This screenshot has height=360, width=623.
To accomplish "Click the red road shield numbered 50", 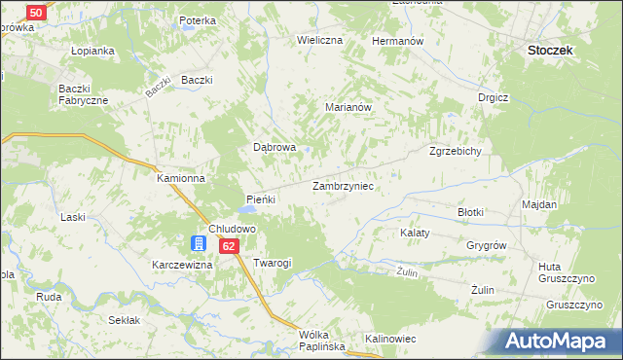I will (x=35, y=12).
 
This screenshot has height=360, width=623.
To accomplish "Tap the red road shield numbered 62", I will (x=228, y=246).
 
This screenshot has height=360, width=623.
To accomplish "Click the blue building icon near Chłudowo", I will (x=200, y=243).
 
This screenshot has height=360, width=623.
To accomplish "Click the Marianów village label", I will (x=349, y=109).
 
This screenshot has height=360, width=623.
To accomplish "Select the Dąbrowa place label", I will (x=275, y=147).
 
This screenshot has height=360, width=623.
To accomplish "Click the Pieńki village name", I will (x=261, y=199).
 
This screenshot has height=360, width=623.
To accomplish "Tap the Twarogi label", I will (x=272, y=263).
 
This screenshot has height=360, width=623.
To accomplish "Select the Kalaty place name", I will (x=416, y=234).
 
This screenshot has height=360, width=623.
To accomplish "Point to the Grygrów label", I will (x=487, y=245).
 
